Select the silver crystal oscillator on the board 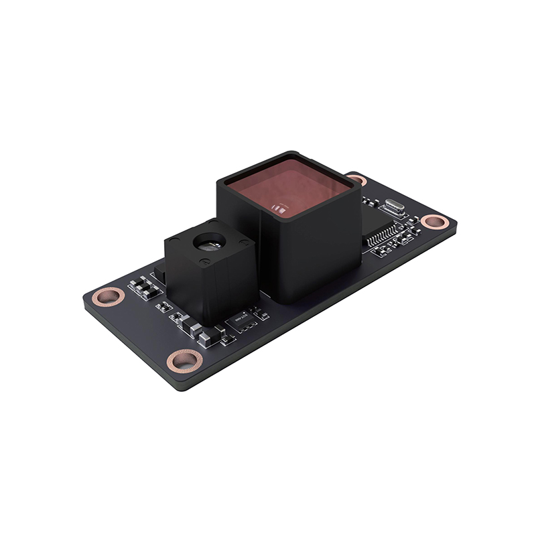(x=395, y=206)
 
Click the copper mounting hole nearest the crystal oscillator (x=434, y=221)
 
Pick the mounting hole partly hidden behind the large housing (x=356, y=179)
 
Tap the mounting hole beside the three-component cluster (x=109, y=296)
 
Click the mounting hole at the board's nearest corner (x=184, y=360)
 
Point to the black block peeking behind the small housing (x=160, y=271)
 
